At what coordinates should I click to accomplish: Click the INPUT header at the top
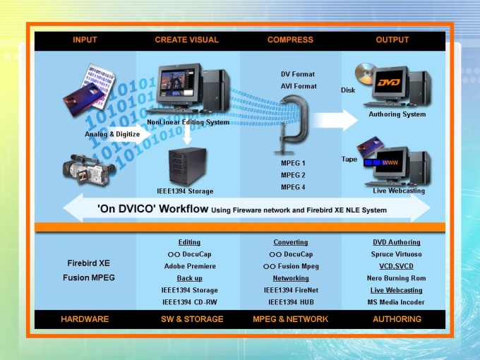coord(85,40)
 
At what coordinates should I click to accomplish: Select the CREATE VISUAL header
coord(186,40)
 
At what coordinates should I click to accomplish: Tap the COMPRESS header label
coord(289,40)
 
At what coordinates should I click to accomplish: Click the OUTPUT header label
coord(392,40)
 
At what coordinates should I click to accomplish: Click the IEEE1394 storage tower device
coord(185,166)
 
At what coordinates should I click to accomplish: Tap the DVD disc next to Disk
coord(364,73)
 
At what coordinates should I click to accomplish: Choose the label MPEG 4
coord(293,187)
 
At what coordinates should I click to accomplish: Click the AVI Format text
coord(299,86)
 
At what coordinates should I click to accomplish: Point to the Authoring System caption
coord(397,114)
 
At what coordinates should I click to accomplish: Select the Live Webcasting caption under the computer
coord(399,191)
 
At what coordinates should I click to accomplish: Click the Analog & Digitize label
coord(112,133)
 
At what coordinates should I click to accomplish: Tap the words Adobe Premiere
coord(189,266)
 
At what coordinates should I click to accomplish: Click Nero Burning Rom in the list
coord(396,278)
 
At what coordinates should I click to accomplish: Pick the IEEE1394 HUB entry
coord(290,302)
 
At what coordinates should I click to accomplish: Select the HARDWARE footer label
coord(85,319)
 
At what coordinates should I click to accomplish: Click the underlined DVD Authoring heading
coord(396,242)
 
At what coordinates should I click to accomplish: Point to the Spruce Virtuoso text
coord(396,254)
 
